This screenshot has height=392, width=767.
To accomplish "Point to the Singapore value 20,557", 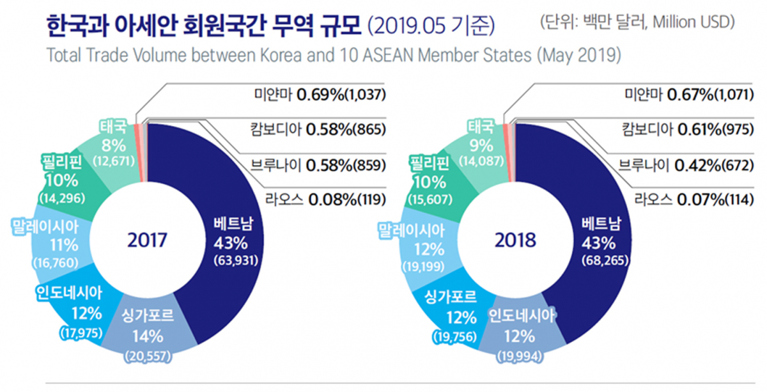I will (148, 356).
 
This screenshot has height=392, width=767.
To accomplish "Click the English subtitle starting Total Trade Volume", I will (333, 55).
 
